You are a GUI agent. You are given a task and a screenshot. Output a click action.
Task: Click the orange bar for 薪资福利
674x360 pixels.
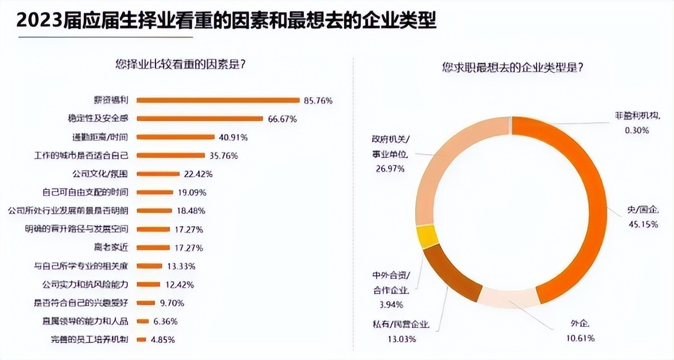[218, 100]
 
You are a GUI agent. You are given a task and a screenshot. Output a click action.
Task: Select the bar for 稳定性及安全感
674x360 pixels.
[200, 119]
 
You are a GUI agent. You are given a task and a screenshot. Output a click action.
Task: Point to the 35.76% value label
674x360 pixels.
[224, 155]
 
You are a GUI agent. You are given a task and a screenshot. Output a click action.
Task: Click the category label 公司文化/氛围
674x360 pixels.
[101, 174]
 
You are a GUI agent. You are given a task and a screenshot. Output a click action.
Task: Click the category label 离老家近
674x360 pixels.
[112, 247]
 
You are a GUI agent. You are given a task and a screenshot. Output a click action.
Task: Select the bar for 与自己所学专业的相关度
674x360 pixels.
[149, 266]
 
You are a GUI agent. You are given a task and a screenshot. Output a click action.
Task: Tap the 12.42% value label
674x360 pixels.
[180, 285]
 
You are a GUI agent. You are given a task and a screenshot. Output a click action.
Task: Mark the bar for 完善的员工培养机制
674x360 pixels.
[141, 339]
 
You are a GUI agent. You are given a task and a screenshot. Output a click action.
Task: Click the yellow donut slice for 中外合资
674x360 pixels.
[426, 235]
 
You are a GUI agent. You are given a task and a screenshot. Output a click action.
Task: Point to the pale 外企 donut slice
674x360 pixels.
[506, 297]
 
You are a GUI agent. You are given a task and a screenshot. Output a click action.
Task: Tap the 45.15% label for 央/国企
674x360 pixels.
[642, 224]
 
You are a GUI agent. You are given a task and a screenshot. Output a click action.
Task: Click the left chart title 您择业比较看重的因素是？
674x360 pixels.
[184, 64]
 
